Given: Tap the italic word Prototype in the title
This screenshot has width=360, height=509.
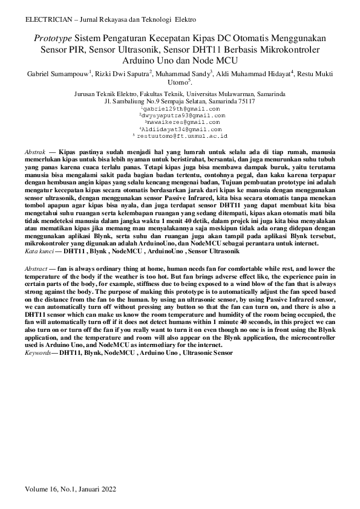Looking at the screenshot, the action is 52,37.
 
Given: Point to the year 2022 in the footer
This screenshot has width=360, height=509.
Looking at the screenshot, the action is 106,488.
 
